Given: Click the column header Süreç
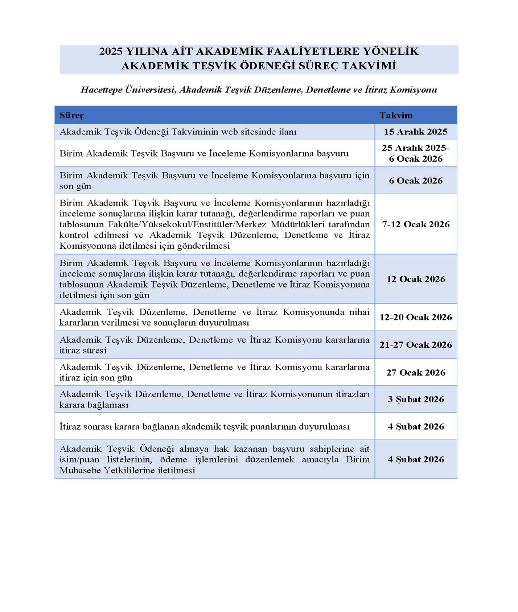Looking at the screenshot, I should (71, 115).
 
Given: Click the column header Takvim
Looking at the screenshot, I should (396, 115).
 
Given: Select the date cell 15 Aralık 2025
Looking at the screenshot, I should (416, 132).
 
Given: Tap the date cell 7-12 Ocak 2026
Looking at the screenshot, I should (416, 224).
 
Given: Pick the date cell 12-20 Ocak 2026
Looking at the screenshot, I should (416, 317).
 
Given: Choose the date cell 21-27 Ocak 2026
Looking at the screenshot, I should (416, 344).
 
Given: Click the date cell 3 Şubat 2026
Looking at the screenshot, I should (416, 399).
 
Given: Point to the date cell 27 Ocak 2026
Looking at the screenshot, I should (416, 372).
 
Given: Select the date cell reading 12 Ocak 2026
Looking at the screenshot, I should (416, 279).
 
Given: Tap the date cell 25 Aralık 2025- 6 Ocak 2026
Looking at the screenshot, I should (416, 153).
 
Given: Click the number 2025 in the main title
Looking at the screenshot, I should (111, 51).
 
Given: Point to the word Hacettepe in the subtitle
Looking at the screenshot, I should (102, 90).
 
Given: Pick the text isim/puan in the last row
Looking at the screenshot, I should (79, 459).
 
